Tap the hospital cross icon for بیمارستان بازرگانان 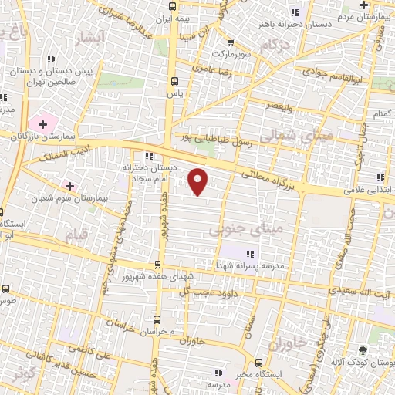tap(42, 123)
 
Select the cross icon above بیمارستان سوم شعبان tap(69, 186)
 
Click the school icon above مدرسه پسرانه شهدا tap(249, 253)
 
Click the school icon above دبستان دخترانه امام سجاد tap(149, 156)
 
